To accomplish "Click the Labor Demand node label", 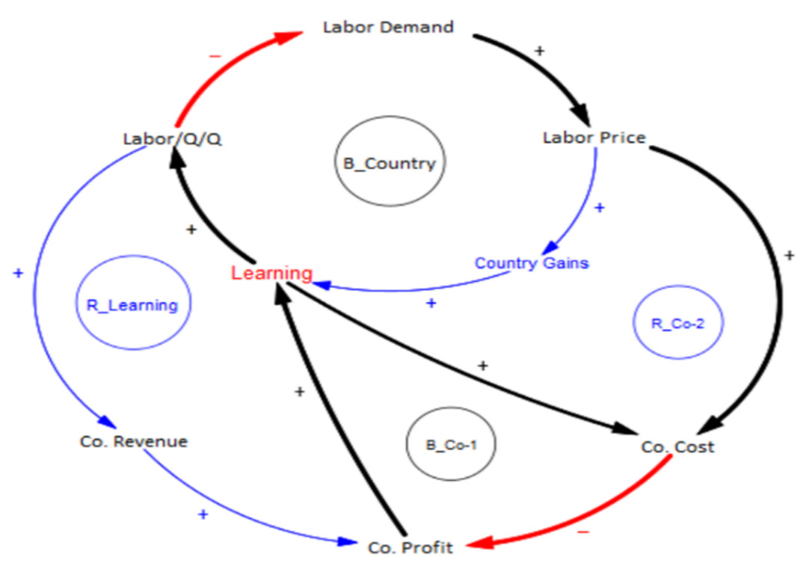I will pyautogui.click(x=388, y=28).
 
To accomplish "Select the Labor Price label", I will pyautogui.click(x=594, y=138).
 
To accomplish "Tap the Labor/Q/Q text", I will pyautogui.click(x=173, y=140).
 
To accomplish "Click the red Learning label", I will pyautogui.click(x=271, y=273).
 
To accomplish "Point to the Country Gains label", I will pyautogui.click(x=532, y=263).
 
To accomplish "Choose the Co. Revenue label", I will pyautogui.click(x=133, y=441).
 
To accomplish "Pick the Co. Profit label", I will pyautogui.click(x=410, y=547).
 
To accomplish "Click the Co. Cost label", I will pyautogui.click(x=677, y=446).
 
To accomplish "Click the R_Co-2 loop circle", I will pyautogui.click(x=678, y=324).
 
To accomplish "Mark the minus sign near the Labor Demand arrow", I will pyautogui.click(x=215, y=55).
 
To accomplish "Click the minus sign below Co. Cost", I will pyautogui.click(x=584, y=532).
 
